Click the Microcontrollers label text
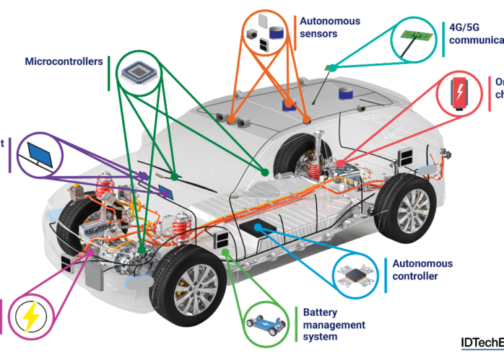pyautogui.click(x=64, y=62)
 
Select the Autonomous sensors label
pyautogui.click(x=330, y=27)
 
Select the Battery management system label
pyautogui.click(x=334, y=324)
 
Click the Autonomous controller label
pyautogui.click(x=422, y=270)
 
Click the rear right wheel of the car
pyautogui.click(x=403, y=208)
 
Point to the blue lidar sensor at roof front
pyautogui.click(x=290, y=103)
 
